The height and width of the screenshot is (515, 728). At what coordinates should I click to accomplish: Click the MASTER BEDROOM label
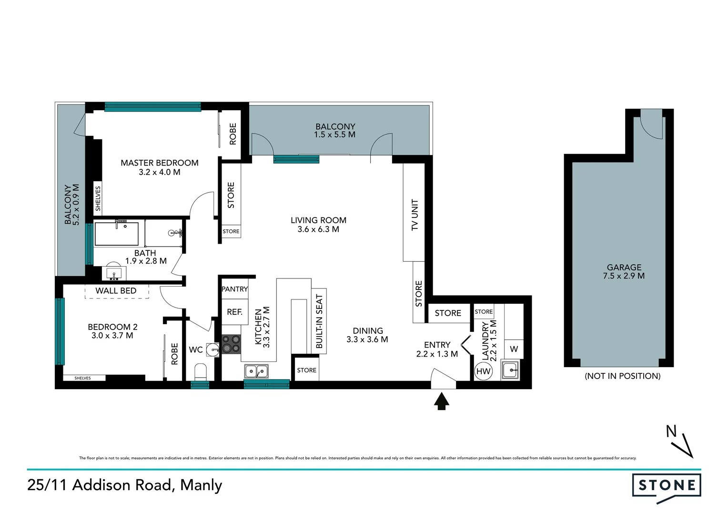point(159,163)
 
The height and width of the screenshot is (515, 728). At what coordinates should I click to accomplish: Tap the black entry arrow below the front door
point(442,401)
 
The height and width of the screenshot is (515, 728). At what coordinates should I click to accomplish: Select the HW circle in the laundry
point(483,371)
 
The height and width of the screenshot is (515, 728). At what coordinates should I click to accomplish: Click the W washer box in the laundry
point(514,349)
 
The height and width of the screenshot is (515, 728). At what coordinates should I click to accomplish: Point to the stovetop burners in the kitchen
point(232,344)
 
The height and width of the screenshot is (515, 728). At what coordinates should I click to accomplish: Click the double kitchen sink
point(256,371)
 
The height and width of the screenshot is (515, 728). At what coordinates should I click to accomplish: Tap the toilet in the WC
point(201,371)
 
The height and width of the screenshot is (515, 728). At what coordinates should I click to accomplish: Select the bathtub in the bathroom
point(117,234)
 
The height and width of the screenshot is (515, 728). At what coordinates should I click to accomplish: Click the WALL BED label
point(116,291)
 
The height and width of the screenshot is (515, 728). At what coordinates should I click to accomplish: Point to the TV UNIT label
point(415,215)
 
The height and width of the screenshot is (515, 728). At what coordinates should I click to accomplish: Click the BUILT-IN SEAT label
point(319,321)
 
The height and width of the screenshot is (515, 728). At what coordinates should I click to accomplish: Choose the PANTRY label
point(234,289)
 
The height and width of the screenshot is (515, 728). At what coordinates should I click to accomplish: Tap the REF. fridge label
point(234,312)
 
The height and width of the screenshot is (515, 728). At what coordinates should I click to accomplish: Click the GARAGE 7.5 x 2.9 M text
point(624,272)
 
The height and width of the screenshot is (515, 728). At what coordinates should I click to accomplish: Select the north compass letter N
point(671,432)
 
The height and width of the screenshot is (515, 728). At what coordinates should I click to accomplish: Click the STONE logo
point(666,486)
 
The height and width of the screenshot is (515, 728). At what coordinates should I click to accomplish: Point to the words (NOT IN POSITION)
point(622,376)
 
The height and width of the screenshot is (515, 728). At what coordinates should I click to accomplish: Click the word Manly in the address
point(201,485)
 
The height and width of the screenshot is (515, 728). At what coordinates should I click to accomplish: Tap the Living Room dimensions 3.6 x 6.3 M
point(318,229)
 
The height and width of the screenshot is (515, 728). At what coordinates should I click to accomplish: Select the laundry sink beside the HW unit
point(510,370)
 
